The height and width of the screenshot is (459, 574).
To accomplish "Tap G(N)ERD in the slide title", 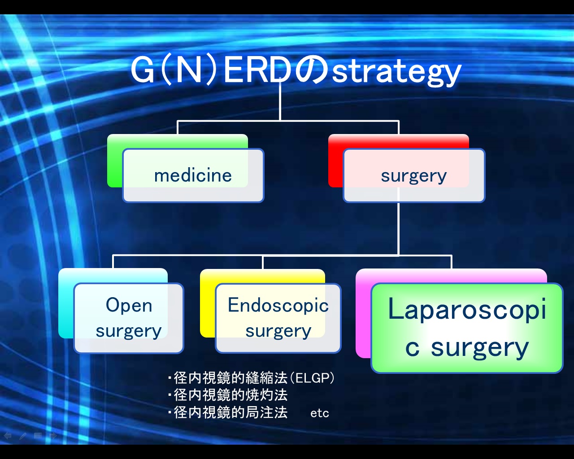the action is (211, 70).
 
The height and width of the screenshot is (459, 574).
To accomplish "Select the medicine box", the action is (193, 175).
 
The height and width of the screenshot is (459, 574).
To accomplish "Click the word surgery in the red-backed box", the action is (414, 176).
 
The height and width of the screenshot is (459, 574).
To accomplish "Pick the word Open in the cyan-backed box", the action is (129, 305).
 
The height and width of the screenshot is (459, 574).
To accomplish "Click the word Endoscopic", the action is (278, 305).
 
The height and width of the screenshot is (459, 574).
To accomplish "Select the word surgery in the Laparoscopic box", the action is (479, 349).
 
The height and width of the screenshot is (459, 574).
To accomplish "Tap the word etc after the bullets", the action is (320, 413).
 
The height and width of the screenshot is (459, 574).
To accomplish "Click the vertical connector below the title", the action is (280, 101).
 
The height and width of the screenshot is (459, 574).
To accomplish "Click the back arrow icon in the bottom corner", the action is (7, 436).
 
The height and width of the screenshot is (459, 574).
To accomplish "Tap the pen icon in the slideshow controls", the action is (23, 436).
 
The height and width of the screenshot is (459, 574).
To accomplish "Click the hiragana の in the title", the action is (311, 70).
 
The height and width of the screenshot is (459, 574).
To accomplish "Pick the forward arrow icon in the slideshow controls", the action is (53, 436).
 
